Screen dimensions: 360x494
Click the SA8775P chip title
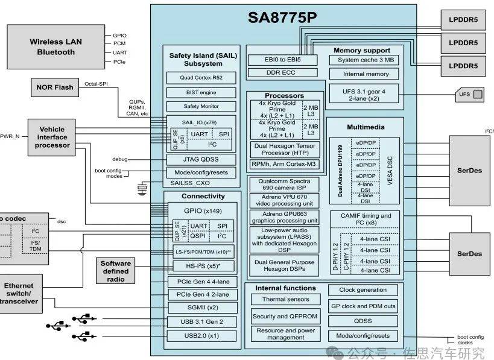[282, 17]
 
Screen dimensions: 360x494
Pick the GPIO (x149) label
[202, 211]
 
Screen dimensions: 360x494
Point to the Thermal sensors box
[285, 299]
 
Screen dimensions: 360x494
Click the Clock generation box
[363, 290]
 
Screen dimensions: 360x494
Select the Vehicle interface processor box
[52, 137]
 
